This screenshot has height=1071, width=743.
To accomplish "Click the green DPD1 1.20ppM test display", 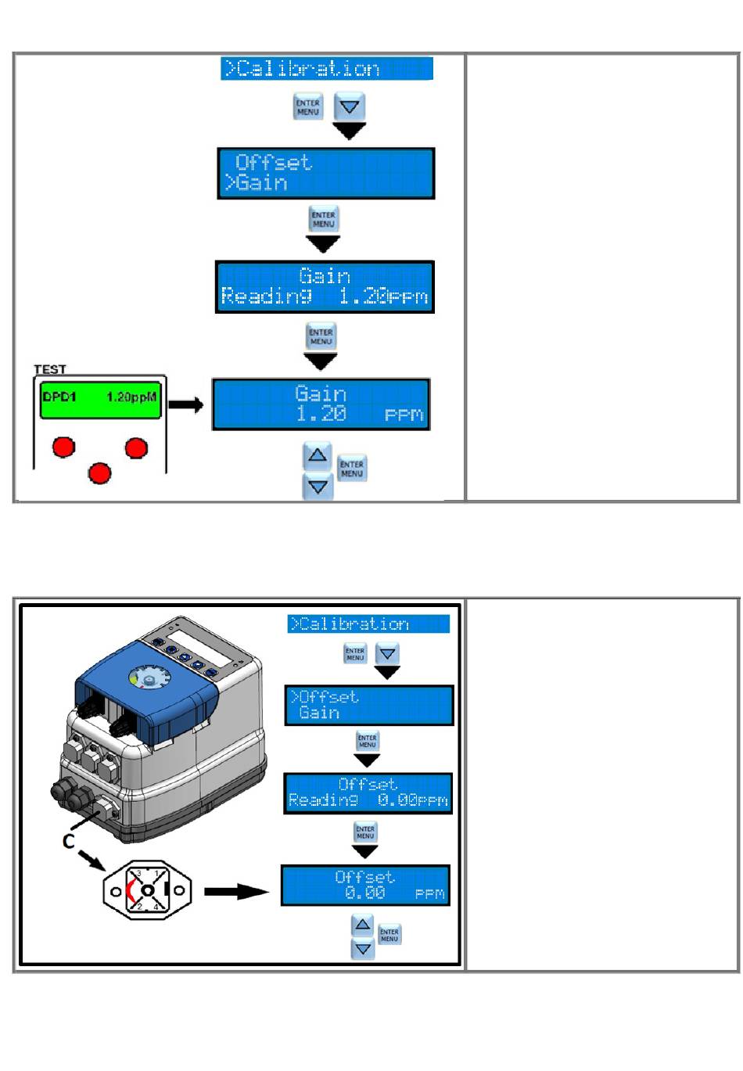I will (99, 397).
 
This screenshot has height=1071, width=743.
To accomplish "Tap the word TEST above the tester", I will (50, 369).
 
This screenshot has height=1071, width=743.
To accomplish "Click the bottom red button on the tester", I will (99, 473).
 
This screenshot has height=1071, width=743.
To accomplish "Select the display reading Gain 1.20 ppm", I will (321, 404).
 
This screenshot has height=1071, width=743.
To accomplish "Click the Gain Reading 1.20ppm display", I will (325, 287).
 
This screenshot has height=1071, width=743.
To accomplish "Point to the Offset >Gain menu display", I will (325, 173).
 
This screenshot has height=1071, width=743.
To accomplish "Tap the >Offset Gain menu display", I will (368, 706).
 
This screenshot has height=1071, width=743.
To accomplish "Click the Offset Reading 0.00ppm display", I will (368, 793).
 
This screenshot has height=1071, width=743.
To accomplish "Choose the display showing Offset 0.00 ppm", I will (365, 886).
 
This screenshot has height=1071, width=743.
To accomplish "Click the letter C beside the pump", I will (69, 841).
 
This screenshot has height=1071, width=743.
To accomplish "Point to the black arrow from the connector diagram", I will (236, 891).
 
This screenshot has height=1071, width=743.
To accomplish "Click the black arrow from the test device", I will (186, 404).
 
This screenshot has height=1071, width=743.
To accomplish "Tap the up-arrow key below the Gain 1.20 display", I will (318, 455).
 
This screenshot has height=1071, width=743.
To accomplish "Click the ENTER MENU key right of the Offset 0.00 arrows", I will (389, 935).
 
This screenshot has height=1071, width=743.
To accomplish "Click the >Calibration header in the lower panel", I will (368, 624).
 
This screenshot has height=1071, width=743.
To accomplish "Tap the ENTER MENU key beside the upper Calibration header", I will (307, 107).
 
